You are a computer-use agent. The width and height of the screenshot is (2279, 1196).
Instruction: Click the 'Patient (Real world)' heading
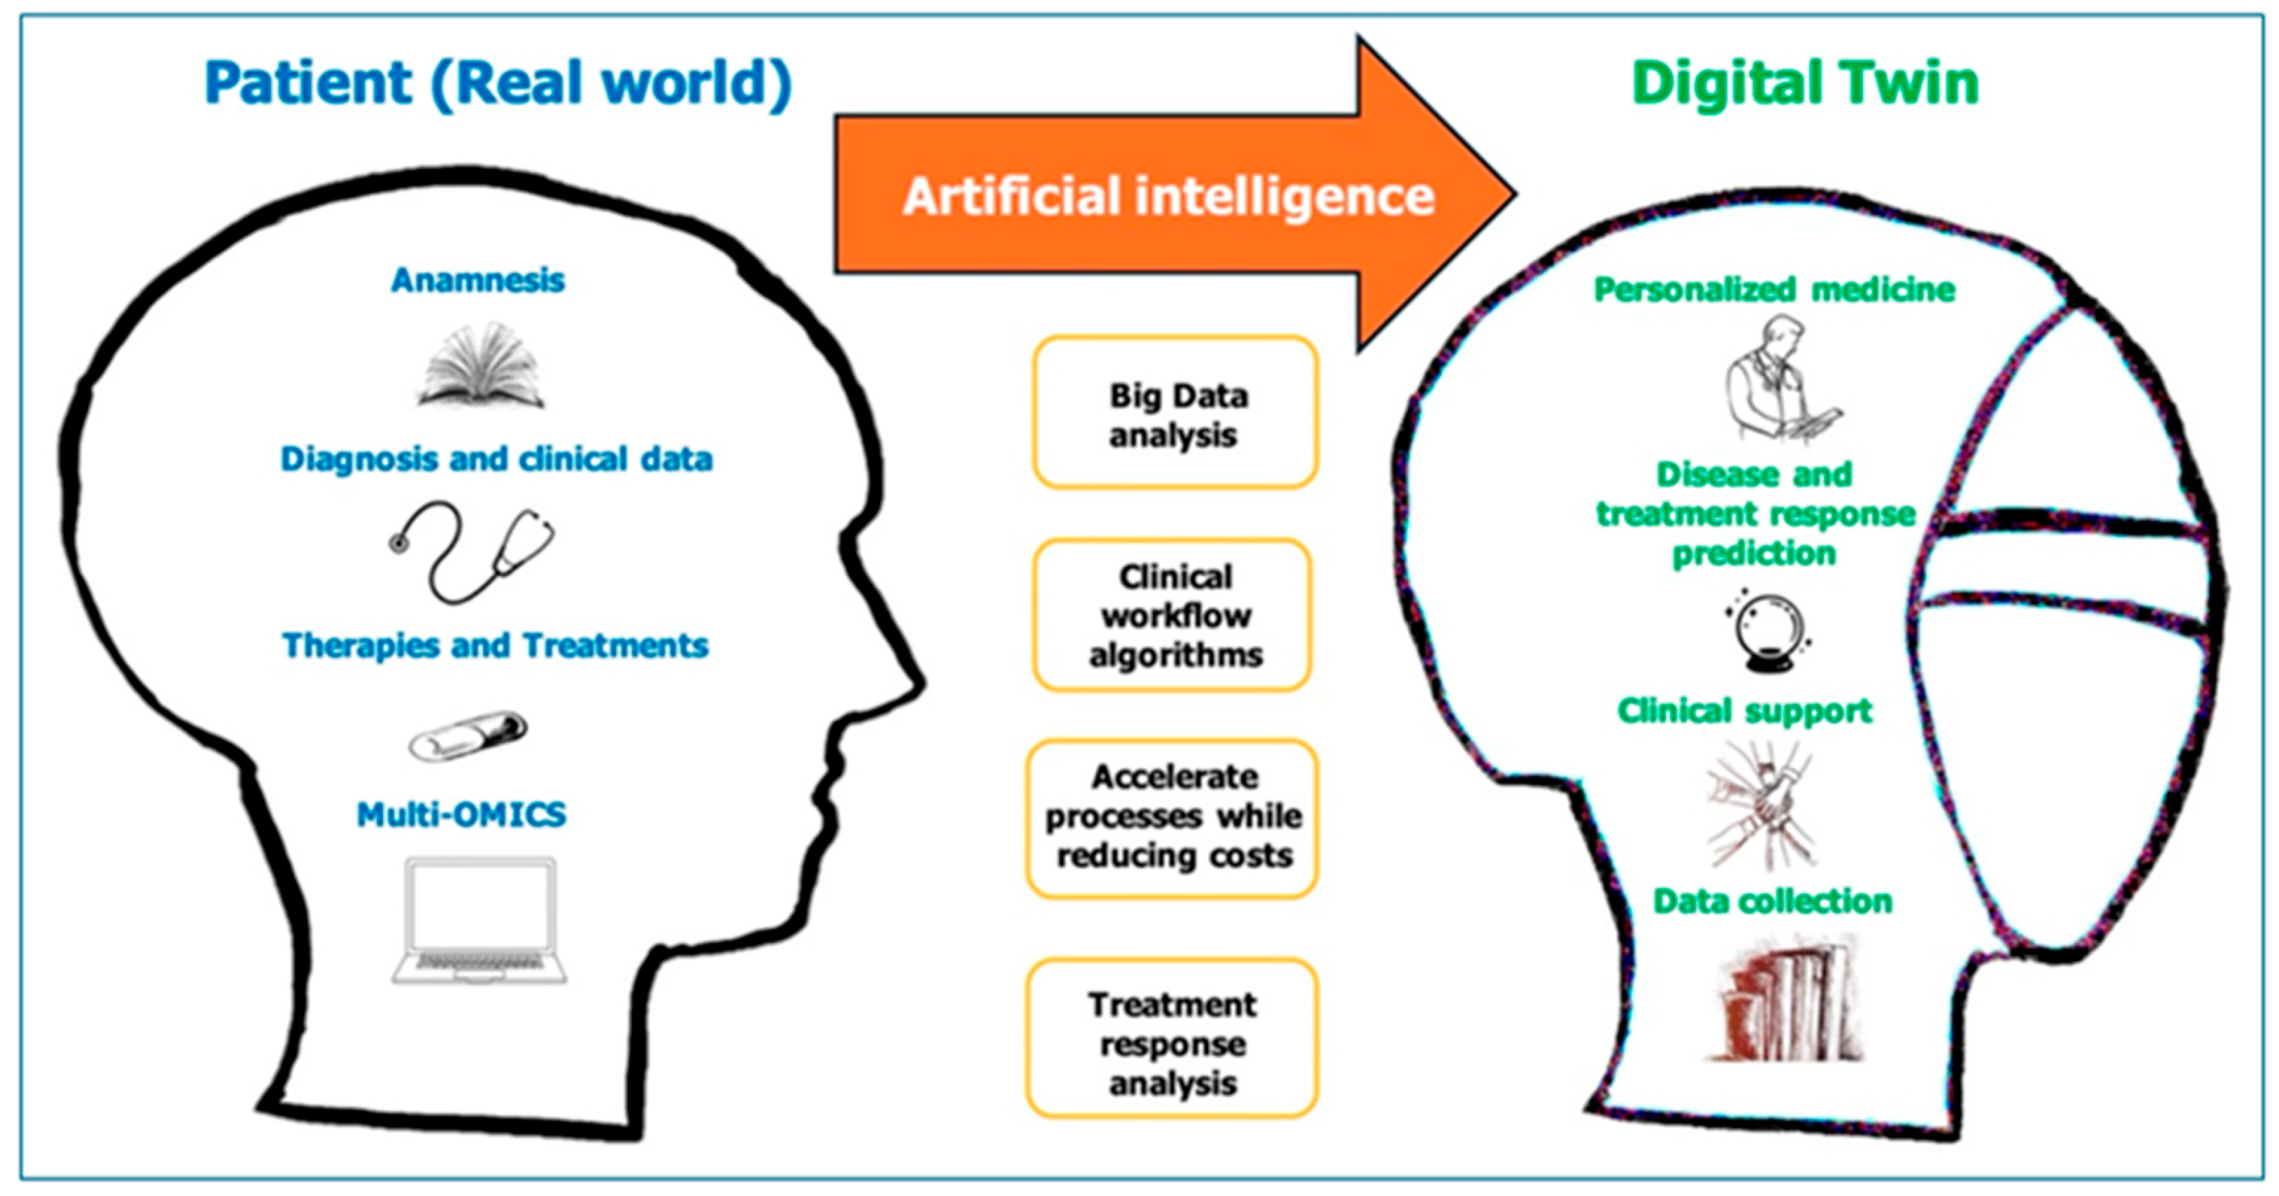[x=497, y=84]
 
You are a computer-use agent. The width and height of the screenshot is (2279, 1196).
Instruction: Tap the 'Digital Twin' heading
[x=1805, y=84]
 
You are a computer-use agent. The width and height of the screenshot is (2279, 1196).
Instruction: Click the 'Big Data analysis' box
[x=1176, y=413]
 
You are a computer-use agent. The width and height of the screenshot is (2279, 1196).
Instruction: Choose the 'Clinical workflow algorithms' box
[x=1174, y=615]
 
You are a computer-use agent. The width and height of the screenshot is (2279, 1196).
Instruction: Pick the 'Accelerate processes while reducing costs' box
[x=1173, y=817]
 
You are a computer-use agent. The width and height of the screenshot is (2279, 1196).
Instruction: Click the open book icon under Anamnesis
[x=481, y=367]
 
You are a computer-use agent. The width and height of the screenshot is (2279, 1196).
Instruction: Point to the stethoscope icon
[x=473, y=551]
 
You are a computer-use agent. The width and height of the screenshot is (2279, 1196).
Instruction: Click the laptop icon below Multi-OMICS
[x=480, y=920]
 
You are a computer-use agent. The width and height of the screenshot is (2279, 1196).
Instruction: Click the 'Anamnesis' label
[x=477, y=280]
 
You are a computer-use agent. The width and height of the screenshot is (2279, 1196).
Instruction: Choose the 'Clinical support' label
[x=1745, y=711]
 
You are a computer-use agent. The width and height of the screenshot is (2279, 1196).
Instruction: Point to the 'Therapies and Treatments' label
[x=496, y=646]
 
